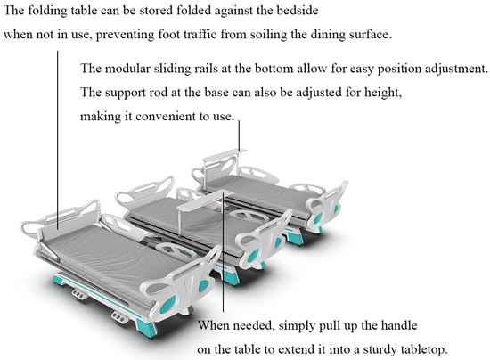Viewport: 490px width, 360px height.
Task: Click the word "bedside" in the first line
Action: (298, 11)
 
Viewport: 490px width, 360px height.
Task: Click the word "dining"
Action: (328, 35)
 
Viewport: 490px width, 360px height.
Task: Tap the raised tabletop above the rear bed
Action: (225, 155)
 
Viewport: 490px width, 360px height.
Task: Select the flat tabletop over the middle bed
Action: (205, 199)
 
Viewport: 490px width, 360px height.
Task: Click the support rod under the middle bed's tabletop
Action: (178, 224)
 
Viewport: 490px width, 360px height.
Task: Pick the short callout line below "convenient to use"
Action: (239, 135)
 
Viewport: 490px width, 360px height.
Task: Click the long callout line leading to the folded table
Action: (58, 141)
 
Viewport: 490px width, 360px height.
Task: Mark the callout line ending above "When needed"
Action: (223, 252)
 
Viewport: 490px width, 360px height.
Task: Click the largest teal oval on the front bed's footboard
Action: (167, 305)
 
